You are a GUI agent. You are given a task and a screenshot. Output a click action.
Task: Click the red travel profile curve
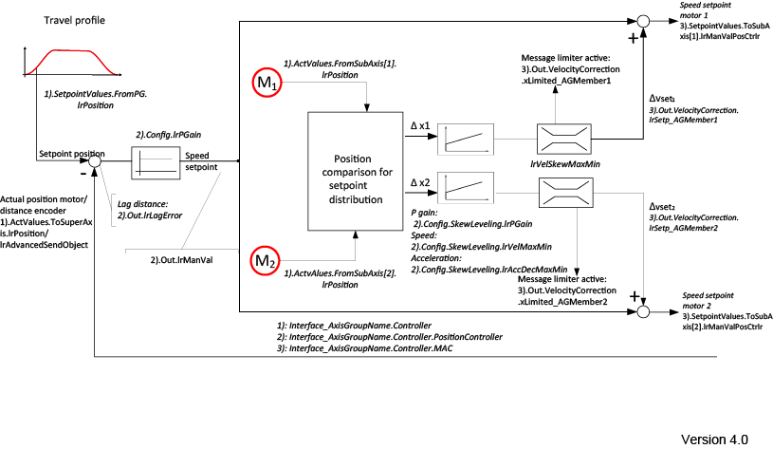click(x=64, y=65)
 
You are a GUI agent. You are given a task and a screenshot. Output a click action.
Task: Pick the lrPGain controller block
click(x=156, y=162)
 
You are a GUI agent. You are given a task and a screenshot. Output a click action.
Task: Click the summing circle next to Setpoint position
click(x=94, y=162)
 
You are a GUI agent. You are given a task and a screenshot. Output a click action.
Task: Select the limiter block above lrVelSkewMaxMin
click(x=563, y=140)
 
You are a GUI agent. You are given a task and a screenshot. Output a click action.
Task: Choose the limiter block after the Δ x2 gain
click(x=563, y=195)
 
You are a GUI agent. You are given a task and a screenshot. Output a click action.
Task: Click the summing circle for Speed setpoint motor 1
click(x=642, y=20)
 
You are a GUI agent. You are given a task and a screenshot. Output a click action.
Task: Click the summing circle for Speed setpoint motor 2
click(x=642, y=310)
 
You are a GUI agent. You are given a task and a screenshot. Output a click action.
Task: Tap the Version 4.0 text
click(x=714, y=439)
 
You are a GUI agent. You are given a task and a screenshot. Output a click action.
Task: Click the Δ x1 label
click(x=420, y=126)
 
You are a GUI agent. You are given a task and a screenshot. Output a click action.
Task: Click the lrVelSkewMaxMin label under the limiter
click(x=563, y=164)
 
